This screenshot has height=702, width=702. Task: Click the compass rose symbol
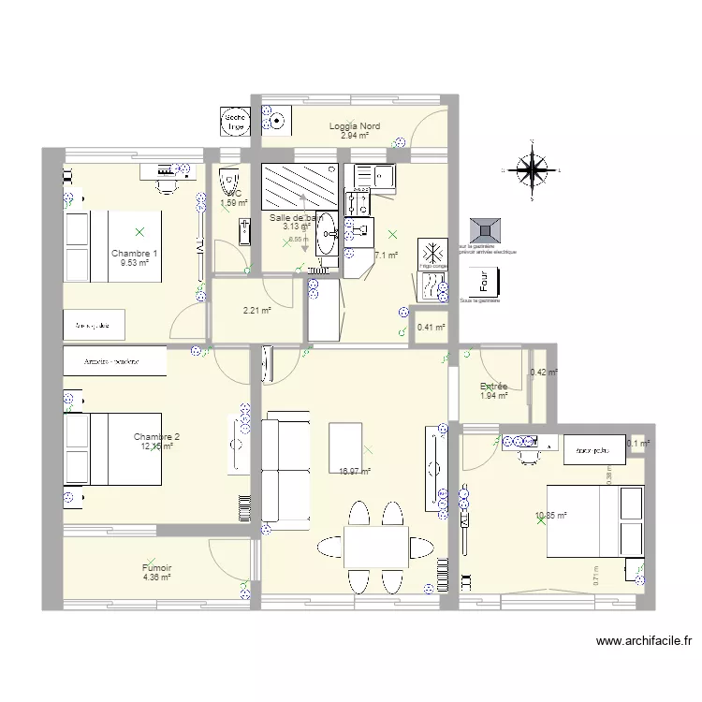tap(532, 169)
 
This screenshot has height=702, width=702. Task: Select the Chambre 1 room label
tap(134, 254)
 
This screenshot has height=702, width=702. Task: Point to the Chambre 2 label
tap(156, 437)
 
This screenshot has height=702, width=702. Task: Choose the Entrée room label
tap(493, 386)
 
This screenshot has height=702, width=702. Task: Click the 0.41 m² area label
tap(431, 328)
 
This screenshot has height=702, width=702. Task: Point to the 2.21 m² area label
tap(256, 311)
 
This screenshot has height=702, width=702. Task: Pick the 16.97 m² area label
tap(355, 473)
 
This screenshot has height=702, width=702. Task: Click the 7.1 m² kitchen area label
tap(387, 256)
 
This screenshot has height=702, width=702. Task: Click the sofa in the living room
tap(285, 471)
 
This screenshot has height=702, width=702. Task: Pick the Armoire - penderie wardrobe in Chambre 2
tap(114, 361)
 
